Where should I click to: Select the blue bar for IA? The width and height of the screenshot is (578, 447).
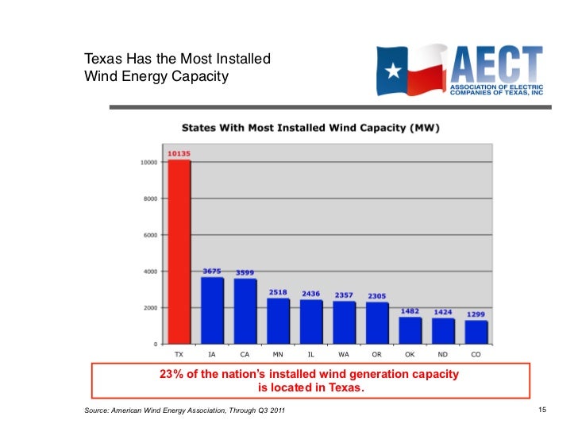coord(212,310)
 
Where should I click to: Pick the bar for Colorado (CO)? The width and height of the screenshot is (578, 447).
coord(476,332)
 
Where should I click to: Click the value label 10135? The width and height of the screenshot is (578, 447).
coord(179,153)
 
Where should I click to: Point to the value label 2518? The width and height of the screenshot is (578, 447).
coord(278,292)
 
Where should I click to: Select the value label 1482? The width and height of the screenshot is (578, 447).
coord(410,311)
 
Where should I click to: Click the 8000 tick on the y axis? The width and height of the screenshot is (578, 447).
coord(150,198)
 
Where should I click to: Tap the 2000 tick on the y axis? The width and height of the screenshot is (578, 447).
coord(150,308)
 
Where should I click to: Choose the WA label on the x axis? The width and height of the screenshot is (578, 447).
coord(344,354)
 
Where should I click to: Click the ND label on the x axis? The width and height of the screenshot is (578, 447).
coord(443,354)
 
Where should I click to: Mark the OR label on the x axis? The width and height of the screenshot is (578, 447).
coord(377,354)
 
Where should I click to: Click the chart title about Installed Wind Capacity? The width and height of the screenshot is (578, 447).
coord(311,127)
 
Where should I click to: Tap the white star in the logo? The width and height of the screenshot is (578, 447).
coord(393,71)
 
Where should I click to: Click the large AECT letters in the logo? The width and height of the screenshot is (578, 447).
coord(495,63)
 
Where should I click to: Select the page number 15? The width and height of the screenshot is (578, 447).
coord(543,410)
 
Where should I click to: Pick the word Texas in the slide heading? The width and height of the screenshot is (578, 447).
coord(103,59)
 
